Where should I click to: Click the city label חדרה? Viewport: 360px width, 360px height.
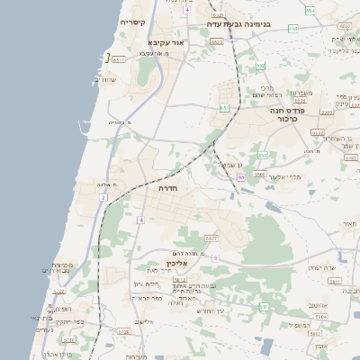click(168, 190)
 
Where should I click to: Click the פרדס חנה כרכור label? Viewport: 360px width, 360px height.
click(288, 114)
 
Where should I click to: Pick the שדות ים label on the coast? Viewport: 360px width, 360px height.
click(106, 80)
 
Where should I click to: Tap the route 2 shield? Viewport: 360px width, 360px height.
click(103, 197)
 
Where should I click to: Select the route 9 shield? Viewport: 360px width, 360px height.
click(215, 258)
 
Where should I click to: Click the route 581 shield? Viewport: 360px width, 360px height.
click(264, 307)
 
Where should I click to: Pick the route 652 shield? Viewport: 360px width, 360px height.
click(260, 66)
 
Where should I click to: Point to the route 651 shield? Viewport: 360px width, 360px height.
click(224, 108)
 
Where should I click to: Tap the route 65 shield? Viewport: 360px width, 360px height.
click(240, 177)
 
